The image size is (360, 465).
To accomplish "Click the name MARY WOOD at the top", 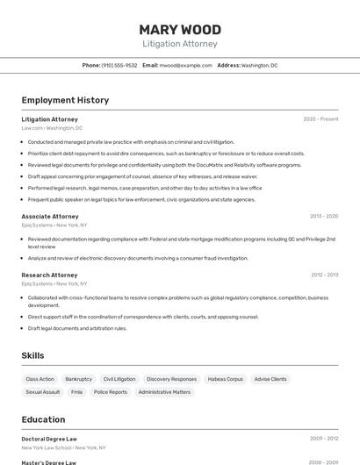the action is (180, 30).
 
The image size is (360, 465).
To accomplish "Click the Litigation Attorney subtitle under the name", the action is (180, 44).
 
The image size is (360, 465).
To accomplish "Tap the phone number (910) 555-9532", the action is (119, 66).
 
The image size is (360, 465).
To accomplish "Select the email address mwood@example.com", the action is (185, 66).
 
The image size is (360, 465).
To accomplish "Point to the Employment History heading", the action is (65, 100).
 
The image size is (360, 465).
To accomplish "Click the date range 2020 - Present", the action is (320, 119).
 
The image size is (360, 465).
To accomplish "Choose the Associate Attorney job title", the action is (50, 216).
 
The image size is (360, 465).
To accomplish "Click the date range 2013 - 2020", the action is (323, 216).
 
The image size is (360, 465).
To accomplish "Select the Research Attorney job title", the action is (49, 275).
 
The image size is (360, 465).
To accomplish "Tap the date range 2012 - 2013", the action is (323, 275).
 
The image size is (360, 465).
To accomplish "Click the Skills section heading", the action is (32, 355).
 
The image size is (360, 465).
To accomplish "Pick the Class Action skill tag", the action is (40, 379).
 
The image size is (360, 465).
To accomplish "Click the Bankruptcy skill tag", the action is (78, 379).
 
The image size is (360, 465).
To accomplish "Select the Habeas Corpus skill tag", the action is (225, 379).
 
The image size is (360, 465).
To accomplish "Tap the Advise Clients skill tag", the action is (270, 379).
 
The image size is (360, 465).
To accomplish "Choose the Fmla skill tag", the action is (76, 392).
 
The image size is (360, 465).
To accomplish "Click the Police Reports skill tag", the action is (111, 392).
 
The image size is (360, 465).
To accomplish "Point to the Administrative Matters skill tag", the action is (164, 392).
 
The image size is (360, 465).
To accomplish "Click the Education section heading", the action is (43, 419).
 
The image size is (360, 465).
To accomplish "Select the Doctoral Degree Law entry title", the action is (49, 439).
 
